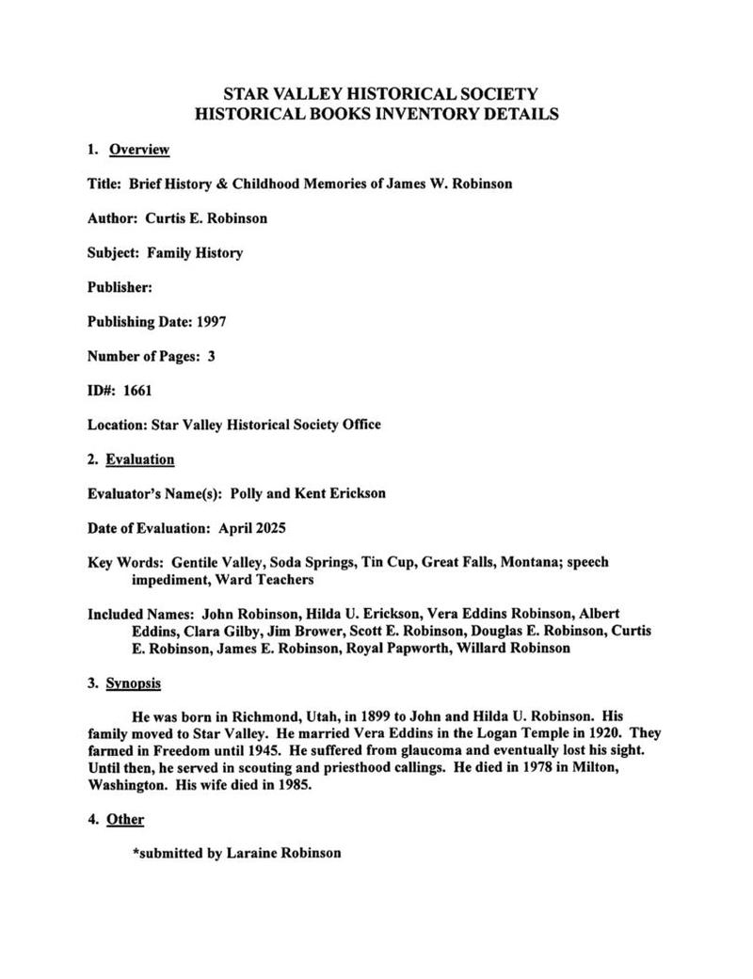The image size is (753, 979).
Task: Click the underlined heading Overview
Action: [x=139, y=150]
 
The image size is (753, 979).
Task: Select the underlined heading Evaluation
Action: [x=140, y=459]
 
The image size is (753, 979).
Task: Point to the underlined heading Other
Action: [x=125, y=819]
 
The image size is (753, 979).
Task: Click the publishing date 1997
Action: [x=211, y=321]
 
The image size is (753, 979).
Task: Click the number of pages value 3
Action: [x=212, y=356]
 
